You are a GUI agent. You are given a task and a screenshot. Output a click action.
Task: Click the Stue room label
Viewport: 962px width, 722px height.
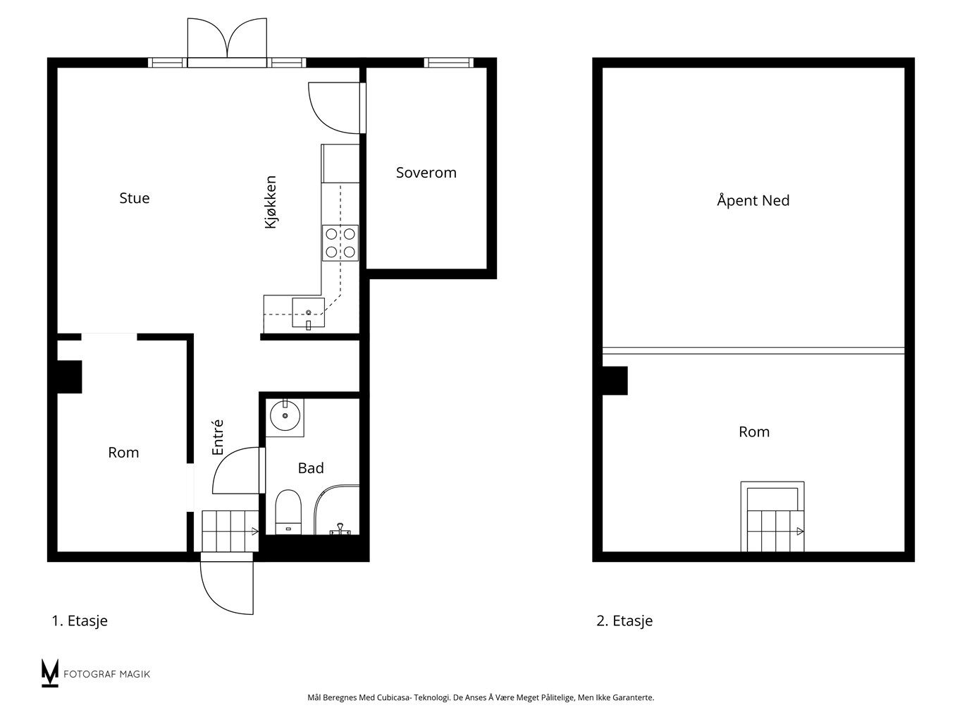[135, 198]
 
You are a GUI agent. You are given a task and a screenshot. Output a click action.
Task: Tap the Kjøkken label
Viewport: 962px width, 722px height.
[271, 202]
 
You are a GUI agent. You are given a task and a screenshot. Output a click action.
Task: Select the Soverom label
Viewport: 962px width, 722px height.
[426, 173]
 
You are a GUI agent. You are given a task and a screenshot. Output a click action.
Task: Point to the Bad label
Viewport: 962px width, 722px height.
[311, 468]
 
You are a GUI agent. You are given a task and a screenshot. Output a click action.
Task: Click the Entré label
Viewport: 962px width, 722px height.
[218, 437]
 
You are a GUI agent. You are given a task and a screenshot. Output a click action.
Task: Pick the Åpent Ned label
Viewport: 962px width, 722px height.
[753, 200]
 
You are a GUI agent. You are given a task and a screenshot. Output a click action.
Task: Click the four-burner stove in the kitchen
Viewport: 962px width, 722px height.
[340, 243]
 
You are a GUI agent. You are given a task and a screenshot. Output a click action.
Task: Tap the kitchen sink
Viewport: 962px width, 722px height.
[309, 312]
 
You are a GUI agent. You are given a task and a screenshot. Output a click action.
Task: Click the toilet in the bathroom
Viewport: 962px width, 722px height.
[288, 512]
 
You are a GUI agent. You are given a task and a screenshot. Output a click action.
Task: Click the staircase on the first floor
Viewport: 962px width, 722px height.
[230, 532]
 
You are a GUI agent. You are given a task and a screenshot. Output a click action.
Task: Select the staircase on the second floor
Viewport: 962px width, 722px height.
[772, 516]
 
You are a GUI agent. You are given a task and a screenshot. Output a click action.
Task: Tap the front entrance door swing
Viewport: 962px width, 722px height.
[227, 587]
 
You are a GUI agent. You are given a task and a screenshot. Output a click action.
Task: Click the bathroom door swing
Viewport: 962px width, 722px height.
[237, 470]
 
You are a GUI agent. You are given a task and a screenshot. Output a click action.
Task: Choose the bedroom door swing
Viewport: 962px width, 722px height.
[334, 108]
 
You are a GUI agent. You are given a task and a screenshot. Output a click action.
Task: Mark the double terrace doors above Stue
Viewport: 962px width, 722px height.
[227, 42]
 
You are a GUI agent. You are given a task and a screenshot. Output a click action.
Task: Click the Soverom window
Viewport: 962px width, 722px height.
[449, 63]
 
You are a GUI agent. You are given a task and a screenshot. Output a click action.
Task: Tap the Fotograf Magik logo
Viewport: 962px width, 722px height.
[96, 673]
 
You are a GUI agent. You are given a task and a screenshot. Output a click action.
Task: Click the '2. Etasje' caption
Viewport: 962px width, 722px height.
[624, 620]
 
